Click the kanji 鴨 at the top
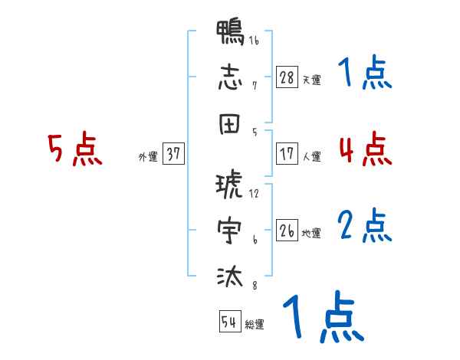pyautogui.click(x=230, y=33)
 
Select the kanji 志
pyautogui.click(x=230, y=77)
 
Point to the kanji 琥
pyautogui.click(x=230, y=186)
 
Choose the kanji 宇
pyautogui.click(x=230, y=231)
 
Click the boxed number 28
pyautogui.click(x=287, y=77)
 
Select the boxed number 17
pyautogui.click(x=287, y=153)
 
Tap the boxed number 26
pyautogui.click(x=287, y=231)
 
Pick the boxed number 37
pyautogui.click(x=173, y=154)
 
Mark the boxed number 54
pyautogui.click(x=228, y=322)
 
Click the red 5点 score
pyautogui.click(x=74, y=149)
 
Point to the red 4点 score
pyautogui.click(x=364, y=149)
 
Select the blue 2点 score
pyautogui.click(x=364, y=225)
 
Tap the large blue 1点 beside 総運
pyautogui.click(x=322, y=316)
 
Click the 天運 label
pyautogui.click(x=311, y=80)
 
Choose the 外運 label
pyautogui.click(x=148, y=156)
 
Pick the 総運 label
pyautogui.click(x=255, y=324)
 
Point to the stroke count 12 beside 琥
pyautogui.click(x=254, y=194)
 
